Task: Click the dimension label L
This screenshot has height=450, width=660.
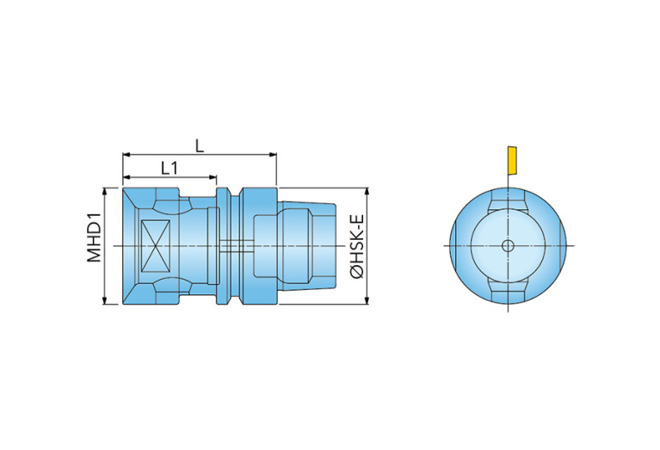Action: point(200,146)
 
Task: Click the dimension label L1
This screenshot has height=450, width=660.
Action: point(170,169)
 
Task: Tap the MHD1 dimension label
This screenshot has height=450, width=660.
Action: point(95,237)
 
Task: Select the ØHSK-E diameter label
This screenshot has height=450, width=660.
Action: point(357,246)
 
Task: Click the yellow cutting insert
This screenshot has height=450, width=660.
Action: point(512,160)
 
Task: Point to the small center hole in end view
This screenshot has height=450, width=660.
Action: point(508,246)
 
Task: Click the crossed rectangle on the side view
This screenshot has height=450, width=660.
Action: point(155,246)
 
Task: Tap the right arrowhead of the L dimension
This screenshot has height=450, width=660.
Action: point(273,155)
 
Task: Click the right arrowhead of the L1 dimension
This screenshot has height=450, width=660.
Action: point(213,177)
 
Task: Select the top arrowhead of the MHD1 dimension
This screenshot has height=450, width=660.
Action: point(104,192)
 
